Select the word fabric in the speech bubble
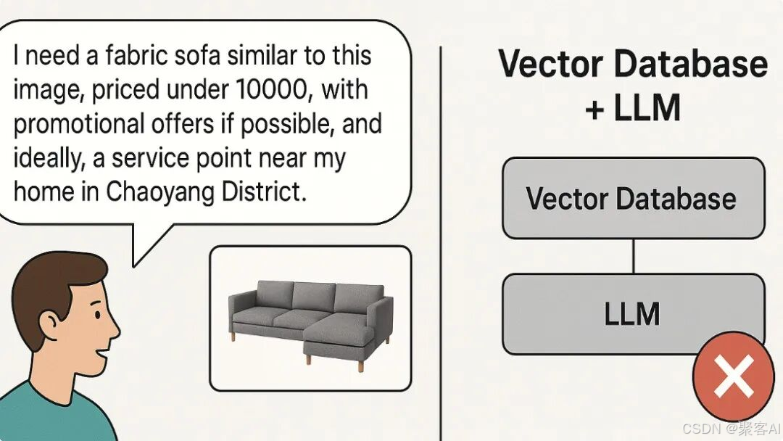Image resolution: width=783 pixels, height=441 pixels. [136, 55]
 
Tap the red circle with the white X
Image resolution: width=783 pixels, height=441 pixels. [733, 376]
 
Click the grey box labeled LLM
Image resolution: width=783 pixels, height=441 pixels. [633, 313]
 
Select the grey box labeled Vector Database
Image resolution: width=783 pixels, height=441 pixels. [633, 198]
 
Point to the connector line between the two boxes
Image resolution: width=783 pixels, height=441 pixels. [633, 256]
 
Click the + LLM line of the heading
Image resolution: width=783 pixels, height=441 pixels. [633, 107]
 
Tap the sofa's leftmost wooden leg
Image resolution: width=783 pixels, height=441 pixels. [233, 336]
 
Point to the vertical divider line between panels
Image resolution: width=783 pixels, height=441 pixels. [441, 243]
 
